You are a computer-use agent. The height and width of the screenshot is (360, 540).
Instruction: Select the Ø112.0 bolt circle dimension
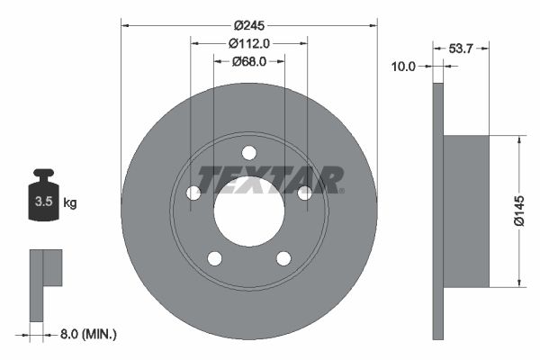coord(249,43)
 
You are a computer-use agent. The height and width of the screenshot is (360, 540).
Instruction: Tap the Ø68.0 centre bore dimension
coord(249,61)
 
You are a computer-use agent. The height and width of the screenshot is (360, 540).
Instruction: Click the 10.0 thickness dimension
coord(404,66)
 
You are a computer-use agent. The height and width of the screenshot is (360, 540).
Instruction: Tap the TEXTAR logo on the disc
coord(270,180)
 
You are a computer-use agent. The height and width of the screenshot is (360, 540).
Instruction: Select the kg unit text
coord(70,202)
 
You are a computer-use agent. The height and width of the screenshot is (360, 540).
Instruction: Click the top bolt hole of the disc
coord(249,152)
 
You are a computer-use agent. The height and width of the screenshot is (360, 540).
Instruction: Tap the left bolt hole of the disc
coord(193,193)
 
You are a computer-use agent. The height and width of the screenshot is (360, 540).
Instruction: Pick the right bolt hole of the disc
coord(305,193)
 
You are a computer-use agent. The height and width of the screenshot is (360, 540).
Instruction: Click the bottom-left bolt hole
coord(214,259)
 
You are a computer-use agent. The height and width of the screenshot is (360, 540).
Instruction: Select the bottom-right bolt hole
coord(283,259)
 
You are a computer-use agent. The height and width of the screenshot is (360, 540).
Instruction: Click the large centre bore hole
coord(249,211)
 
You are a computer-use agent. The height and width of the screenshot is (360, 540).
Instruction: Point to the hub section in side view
coord(466,211)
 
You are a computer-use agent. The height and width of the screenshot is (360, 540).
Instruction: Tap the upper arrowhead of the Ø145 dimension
coord(518,140)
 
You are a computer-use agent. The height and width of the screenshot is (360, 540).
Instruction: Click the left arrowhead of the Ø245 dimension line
coord(125,25)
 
